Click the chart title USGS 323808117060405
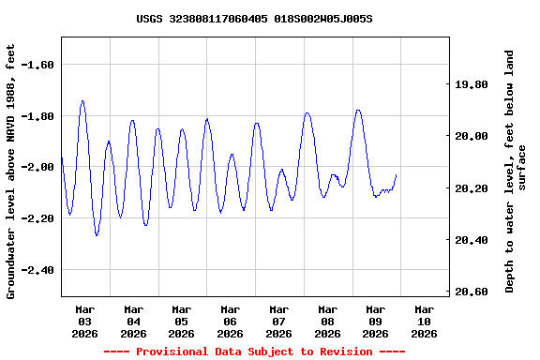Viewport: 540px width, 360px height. [x=254, y=19]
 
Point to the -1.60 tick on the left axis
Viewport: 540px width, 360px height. [x=37, y=65]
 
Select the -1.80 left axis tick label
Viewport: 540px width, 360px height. [x=37, y=116]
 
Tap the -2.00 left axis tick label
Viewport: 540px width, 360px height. [x=37, y=167]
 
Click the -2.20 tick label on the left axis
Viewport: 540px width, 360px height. [x=37, y=218]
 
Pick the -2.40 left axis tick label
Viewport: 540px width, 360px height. [x=37, y=270]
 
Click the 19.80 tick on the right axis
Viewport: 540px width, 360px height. [x=472, y=84]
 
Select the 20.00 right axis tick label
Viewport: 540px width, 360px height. [x=472, y=136]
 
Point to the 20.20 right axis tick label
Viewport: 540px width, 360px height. [x=472, y=188]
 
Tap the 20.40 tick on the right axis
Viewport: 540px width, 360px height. [x=472, y=240]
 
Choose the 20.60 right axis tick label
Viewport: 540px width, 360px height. [x=472, y=292]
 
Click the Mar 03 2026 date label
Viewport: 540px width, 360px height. [x=85, y=321]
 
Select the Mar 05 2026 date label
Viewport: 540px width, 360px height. [x=182, y=321]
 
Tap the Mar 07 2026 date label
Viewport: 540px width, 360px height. [x=278, y=321]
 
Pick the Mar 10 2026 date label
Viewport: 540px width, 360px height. [x=424, y=321]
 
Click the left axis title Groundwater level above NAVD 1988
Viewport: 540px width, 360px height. [x=11, y=171]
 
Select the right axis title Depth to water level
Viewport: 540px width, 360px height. [x=516, y=171]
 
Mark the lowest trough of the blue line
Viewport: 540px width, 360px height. [x=97, y=235]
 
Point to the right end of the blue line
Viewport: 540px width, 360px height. [x=397, y=174]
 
